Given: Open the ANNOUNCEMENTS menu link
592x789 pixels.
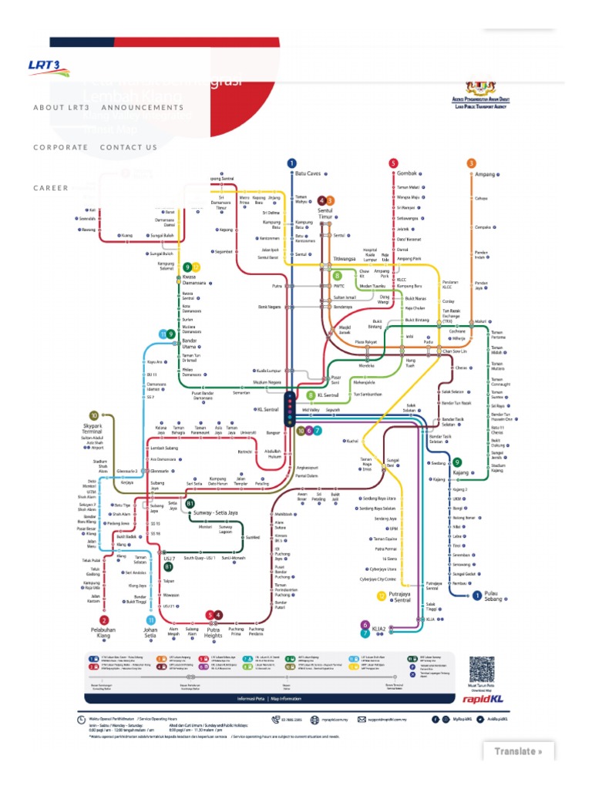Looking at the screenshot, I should (x=143, y=108).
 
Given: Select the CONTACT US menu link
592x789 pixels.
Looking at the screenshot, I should (x=129, y=147).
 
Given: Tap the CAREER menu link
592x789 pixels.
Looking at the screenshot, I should (x=51, y=188).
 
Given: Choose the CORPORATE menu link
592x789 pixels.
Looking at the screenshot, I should (x=61, y=147).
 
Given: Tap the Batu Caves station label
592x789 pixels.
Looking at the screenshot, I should (x=311, y=174).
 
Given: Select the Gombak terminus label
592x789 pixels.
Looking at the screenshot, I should (x=407, y=174).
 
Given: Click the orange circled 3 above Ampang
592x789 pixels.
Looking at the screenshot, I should (x=471, y=163).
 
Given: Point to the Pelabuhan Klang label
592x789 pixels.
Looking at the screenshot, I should (x=105, y=632).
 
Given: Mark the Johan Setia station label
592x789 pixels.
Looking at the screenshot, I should (x=150, y=632).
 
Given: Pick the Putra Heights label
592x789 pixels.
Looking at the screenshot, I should (x=214, y=632).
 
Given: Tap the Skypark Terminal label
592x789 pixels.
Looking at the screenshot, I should (x=93, y=428).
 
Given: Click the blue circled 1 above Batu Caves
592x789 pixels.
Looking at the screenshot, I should (x=291, y=163).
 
